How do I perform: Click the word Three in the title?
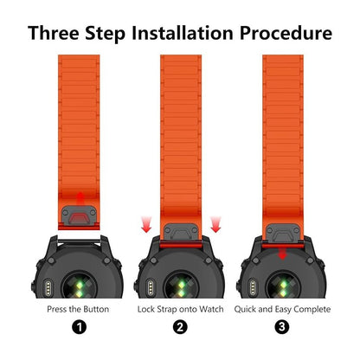click(54, 33)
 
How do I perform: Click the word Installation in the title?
click(183, 33)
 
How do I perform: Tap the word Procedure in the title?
click(286, 33)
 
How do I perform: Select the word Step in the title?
click(106, 34)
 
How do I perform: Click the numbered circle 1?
click(79, 327)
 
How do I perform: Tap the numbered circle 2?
click(180, 327)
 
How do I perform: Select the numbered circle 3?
click(282, 327)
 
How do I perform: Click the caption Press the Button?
click(78, 309)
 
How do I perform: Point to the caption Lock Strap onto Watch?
click(180, 309)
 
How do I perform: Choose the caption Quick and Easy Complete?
click(282, 310)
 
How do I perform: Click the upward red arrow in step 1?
click(80, 198)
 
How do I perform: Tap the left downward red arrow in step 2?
click(146, 224)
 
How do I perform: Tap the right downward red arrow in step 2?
click(215, 224)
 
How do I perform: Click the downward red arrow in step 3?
click(283, 254)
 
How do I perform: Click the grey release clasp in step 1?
click(79, 215)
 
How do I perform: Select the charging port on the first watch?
click(48, 287)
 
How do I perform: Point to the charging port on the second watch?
click(151, 287)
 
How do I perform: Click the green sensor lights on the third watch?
click(284, 289)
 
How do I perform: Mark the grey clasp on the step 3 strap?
click(283, 233)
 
